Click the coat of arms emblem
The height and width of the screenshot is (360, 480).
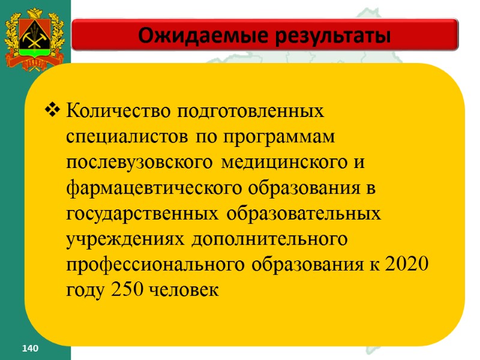pos(35,36)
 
